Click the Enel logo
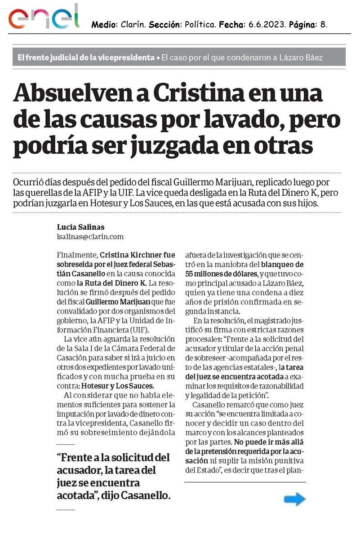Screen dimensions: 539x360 pyautogui.click(x=44, y=18)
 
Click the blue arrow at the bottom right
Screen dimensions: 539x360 pyautogui.click(x=294, y=499)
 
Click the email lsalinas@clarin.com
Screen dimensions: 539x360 pyautogui.click(x=90, y=236)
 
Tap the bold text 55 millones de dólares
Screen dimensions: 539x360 pyautogui.click(x=220, y=274)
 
